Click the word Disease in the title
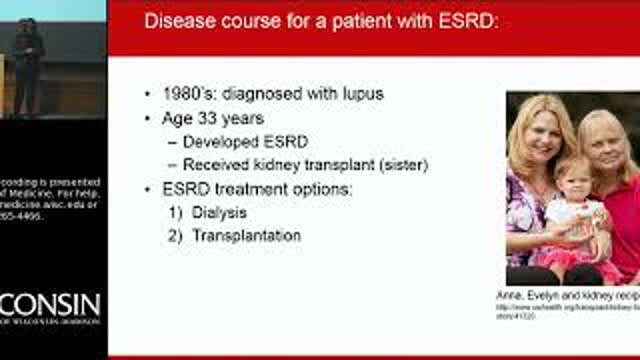tap(178, 21)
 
